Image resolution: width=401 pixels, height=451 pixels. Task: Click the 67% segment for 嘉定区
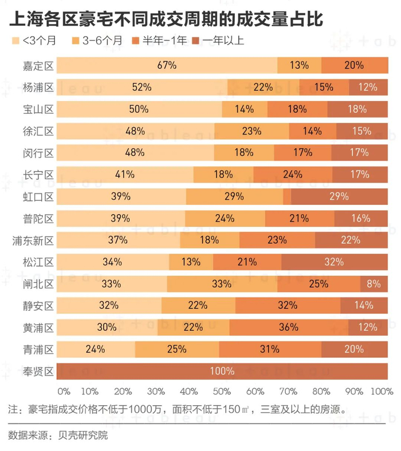click(167, 65)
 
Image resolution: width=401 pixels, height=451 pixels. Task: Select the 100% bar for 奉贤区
click(222, 371)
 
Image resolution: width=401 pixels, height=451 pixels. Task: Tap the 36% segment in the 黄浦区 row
click(289, 327)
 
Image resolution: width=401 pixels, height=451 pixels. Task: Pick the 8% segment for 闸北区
click(374, 284)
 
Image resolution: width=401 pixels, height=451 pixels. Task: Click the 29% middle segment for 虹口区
click(234, 196)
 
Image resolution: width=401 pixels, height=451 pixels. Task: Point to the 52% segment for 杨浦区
click(141, 87)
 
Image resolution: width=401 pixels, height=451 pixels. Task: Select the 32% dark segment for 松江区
click(334, 262)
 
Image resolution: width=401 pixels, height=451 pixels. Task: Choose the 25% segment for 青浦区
click(177, 349)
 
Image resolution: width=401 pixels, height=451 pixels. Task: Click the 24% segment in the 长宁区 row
click(292, 175)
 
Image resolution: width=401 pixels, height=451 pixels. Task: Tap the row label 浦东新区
click(33, 240)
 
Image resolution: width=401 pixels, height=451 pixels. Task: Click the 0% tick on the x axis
click(63, 391)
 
